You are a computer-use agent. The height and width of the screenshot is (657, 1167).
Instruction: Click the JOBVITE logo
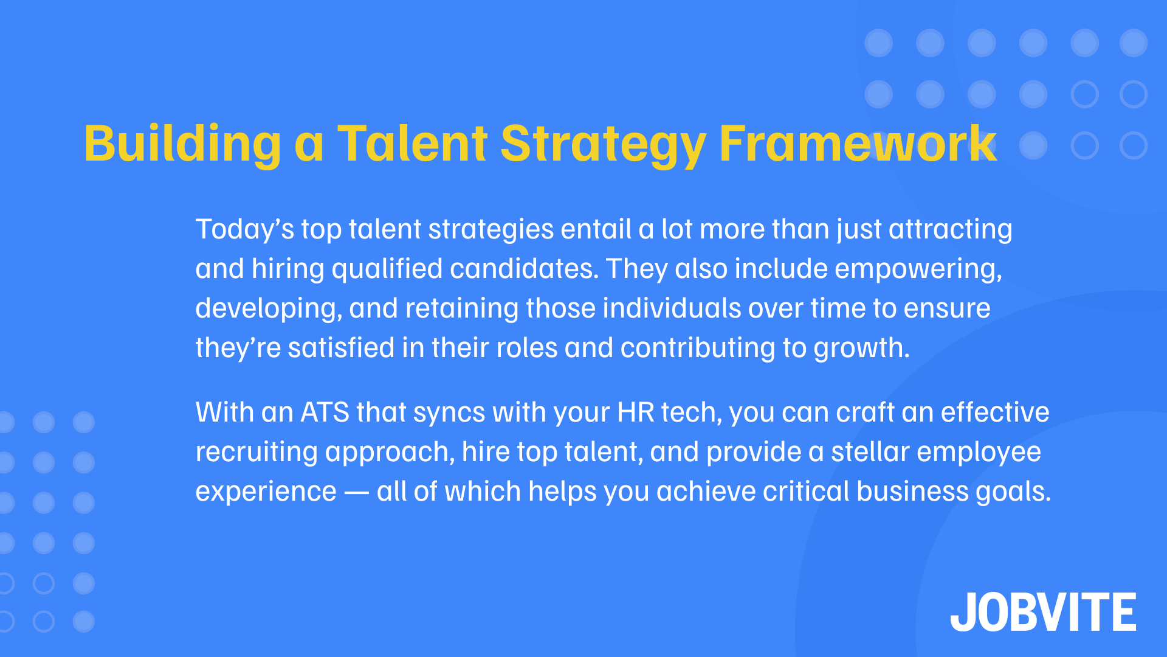click(1043, 612)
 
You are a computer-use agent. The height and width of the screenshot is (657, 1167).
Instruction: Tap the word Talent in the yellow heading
click(413, 144)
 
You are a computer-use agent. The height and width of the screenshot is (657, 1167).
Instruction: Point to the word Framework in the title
click(857, 144)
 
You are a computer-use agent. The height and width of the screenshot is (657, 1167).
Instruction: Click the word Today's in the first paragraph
click(244, 230)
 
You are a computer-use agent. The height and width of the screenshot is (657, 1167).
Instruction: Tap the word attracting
click(950, 230)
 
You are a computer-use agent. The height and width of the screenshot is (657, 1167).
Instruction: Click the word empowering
click(918, 269)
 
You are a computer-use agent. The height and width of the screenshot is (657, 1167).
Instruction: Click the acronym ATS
click(325, 413)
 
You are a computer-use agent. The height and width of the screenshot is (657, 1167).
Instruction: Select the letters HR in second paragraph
click(636, 413)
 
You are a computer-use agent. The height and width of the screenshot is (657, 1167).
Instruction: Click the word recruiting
click(256, 453)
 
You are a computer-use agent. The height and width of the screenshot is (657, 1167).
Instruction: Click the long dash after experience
click(357, 492)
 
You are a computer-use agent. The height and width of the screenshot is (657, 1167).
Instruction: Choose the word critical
click(806, 492)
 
